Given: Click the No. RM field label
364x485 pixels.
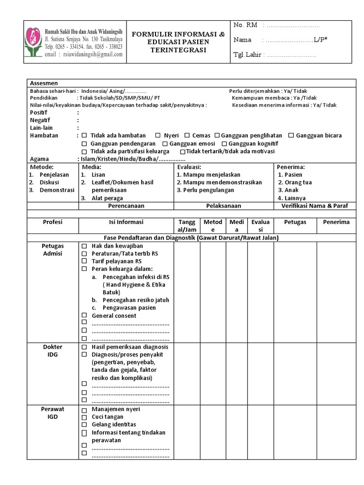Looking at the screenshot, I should click(x=245, y=25).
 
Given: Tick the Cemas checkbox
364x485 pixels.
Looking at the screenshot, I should click(x=187, y=135).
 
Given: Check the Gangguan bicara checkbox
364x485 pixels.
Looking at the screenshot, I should click(x=291, y=135).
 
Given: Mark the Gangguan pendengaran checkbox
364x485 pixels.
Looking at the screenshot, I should click(x=84, y=144).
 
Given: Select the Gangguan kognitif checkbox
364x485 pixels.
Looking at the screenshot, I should click(x=225, y=144).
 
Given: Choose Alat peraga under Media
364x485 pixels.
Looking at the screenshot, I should click(x=108, y=198).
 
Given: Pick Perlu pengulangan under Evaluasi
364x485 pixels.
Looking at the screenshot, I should click(x=205, y=190).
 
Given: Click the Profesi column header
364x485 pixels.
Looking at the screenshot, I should click(x=53, y=222).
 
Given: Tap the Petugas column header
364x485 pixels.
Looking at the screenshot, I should click(x=295, y=222).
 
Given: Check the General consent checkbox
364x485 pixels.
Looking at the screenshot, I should click(x=84, y=316).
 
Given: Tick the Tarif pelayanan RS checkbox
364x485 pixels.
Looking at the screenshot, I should click(x=84, y=261).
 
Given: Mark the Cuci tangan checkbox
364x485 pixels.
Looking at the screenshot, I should click(x=84, y=417).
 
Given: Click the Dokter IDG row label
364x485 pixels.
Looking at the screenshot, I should click(x=53, y=351).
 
